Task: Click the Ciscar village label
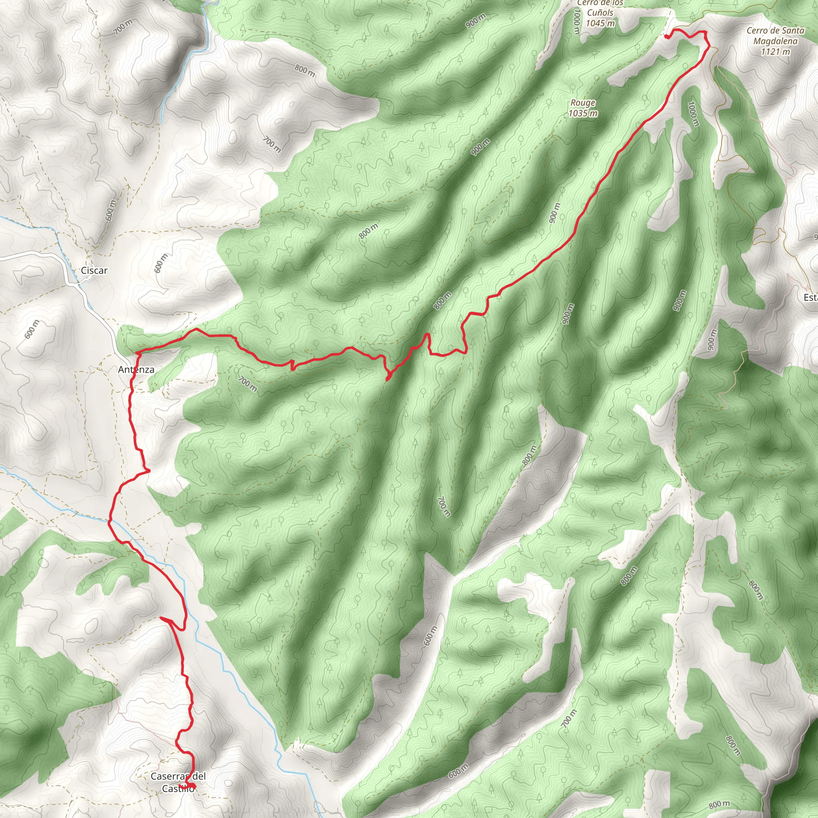click(x=94, y=270)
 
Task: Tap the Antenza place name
click(x=136, y=369)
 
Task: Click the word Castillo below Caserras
click(x=178, y=789)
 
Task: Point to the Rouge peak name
click(x=583, y=103)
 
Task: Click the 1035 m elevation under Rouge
click(x=583, y=113)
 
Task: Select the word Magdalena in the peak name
click(x=775, y=41)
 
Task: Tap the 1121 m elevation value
click(x=775, y=52)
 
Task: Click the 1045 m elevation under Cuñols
click(x=600, y=23)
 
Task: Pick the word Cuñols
click(x=600, y=13)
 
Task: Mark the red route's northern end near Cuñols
click(x=667, y=37)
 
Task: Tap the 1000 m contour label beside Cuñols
click(x=576, y=22)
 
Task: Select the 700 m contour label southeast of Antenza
click(x=247, y=384)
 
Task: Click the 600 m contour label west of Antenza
click(x=32, y=330)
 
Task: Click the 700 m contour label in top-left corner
click(x=123, y=27)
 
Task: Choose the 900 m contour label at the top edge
click(x=475, y=21)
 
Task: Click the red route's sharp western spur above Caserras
click(x=161, y=619)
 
